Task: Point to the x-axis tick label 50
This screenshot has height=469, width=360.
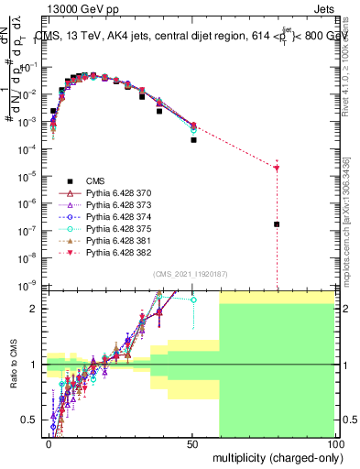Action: (x=193, y=442)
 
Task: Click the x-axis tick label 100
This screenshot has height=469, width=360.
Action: (x=335, y=442)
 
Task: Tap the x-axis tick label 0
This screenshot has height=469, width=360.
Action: (x=48, y=442)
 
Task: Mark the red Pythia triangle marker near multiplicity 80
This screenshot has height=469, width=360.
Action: (x=277, y=168)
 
